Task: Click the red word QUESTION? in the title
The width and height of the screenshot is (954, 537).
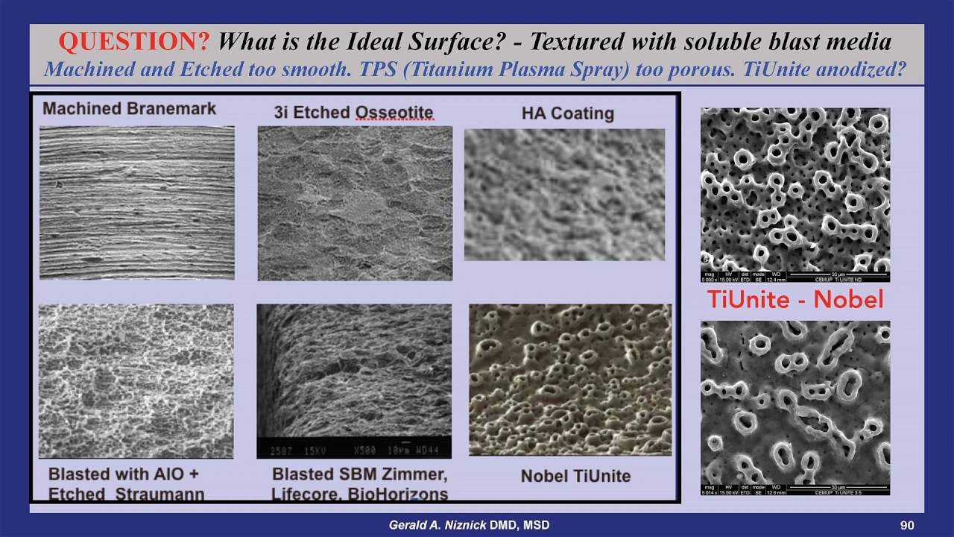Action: [134, 42]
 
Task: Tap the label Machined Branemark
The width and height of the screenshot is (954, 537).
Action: [129, 109]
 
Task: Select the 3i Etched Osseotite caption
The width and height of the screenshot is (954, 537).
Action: [353, 113]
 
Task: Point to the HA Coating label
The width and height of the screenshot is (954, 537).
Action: [567, 113]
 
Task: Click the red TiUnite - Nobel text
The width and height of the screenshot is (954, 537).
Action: [795, 300]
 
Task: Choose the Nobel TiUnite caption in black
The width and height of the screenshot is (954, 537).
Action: [575, 476]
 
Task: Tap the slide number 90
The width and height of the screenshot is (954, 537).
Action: [907, 525]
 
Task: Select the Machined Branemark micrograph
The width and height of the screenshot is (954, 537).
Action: [136, 203]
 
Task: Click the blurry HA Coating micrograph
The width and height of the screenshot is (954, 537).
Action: [564, 195]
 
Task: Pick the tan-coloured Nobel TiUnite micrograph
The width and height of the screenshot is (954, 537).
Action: [570, 379]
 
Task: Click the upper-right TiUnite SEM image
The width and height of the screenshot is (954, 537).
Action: [795, 194]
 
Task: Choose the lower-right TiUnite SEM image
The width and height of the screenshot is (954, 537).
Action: [795, 407]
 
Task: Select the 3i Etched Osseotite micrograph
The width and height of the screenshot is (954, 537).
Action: [355, 203]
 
